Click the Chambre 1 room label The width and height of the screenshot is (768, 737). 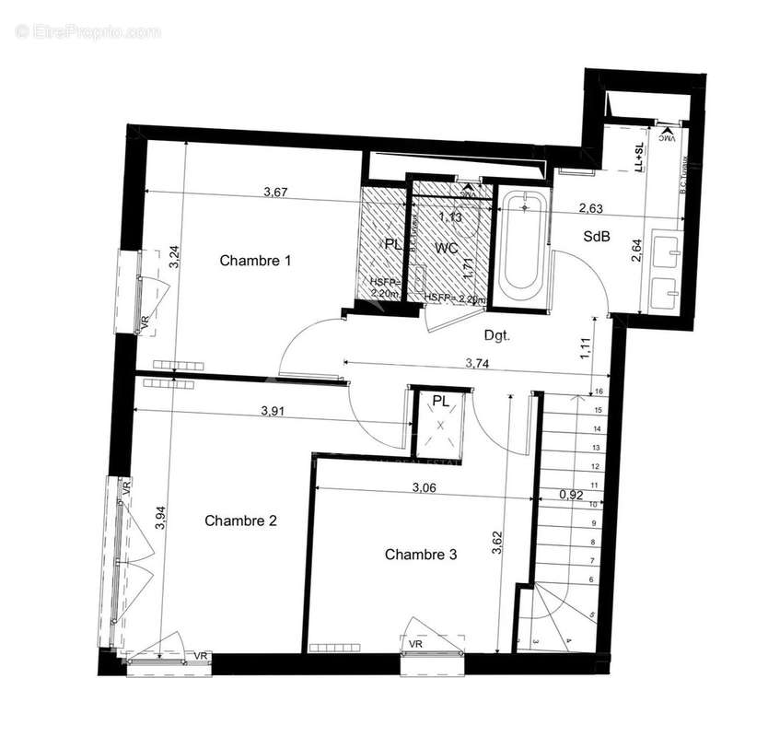[x=255, y=261]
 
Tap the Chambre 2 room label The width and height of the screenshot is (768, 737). [x=240, y=521]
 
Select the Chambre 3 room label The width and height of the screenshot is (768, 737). [x=421, y=555]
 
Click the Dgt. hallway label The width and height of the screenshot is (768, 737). [x=496, y=336]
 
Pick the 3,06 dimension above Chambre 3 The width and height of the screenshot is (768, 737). [x=425, y=487]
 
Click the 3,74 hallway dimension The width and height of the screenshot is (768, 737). [x=477, y=363]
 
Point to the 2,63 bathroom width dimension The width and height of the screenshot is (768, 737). [x=591, y=209]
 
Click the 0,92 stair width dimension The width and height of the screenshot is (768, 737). [x=572, y=495]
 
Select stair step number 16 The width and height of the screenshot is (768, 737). [x=599, y=392]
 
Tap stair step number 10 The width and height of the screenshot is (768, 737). [x=595, y=505]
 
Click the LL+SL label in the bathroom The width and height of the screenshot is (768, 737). [x=638, y=158]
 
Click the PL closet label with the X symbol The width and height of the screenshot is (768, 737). [x=441, y=401]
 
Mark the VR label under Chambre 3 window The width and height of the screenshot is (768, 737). [x=416, y=644]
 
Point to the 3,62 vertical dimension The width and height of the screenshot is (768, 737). [x=497, y=539]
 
